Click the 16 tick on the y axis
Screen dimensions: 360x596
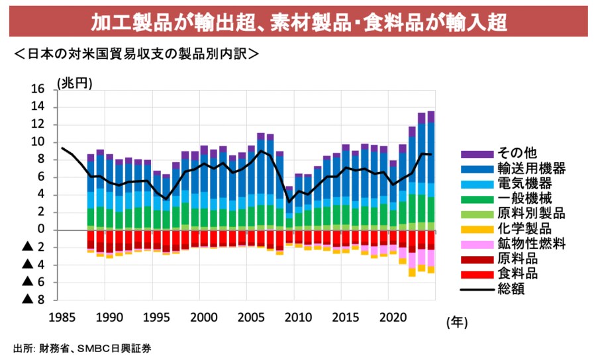37,89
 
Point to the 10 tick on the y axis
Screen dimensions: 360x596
37,142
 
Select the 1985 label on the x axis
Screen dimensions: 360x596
62,316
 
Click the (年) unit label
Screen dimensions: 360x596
457,322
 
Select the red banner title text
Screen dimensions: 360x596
298,22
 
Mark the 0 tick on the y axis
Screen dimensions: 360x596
40,230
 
